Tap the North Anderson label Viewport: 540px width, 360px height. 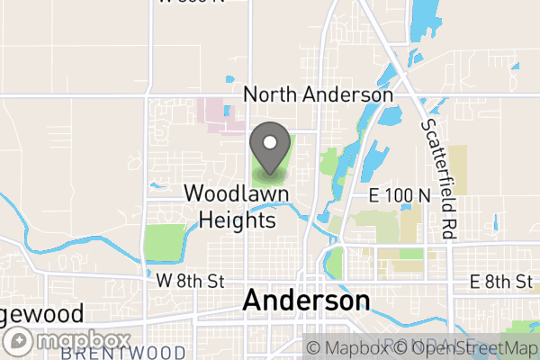[x=319, y=94]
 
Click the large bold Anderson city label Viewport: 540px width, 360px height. [x=306, y=301]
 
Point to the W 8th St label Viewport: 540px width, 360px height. [x=189, y=281]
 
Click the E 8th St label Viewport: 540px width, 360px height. [x=500, y=281]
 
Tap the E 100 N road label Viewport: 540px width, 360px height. [x=399, y=195]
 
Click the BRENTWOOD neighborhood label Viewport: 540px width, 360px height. [x=123, y=352]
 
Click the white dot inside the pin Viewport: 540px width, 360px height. [x=269, y=141]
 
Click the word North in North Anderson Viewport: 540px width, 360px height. [x=270, y=94]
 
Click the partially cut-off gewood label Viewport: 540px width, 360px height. [x=41, y=314]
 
